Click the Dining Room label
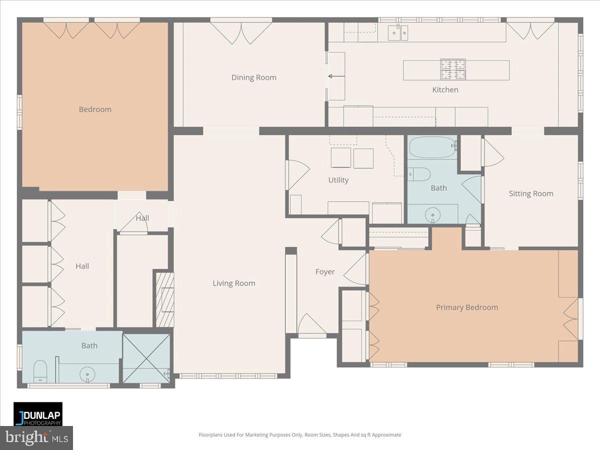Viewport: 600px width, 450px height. [253, 77]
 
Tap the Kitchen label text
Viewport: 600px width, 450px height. [445, 90]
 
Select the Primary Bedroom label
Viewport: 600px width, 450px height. [467, 307]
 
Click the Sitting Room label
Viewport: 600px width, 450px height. [531, 193]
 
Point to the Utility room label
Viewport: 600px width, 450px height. [338, 180]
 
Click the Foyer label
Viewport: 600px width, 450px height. [325, 272]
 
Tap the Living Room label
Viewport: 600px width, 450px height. [234, 283]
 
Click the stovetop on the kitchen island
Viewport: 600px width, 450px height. [452, 69]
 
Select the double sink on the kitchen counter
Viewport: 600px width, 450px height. [398, 33]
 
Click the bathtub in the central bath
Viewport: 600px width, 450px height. [432, 147]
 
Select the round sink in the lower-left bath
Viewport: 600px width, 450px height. [88, 373]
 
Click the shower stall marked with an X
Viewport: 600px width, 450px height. [146, 357]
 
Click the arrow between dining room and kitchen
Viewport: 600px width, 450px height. [336, 76]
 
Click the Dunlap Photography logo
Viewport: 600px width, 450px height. [38, 414]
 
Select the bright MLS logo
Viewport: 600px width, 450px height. [36, 438]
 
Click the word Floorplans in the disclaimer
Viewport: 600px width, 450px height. [211, 435]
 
